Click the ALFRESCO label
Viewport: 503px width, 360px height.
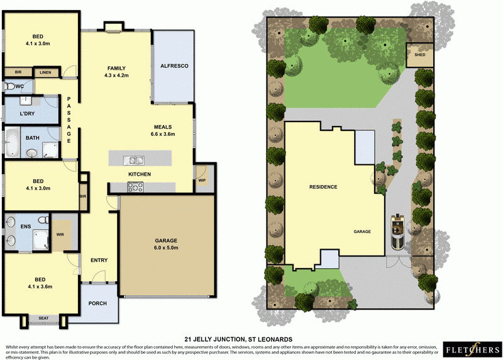pyautogui.click(x=174, y=66)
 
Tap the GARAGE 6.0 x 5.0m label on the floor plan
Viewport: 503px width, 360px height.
pyautogui.click(x=166, y=244)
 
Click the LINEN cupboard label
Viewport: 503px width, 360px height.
pyautogui.click(x=45, y=73)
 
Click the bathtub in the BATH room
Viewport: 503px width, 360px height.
pyautogui.click(x=13, y=142)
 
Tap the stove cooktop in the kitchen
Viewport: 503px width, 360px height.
pyautogui.click(x=135, y=186)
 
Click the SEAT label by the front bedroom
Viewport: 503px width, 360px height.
pyautogui.click(x=43, y=317)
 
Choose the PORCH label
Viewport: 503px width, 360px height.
pyautogui.click(x=97, y=303)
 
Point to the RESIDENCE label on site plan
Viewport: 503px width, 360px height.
pyautogui.click(x=323, y=187)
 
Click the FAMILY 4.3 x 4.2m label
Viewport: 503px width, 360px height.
pyautogui.click(x=116, y=71)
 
